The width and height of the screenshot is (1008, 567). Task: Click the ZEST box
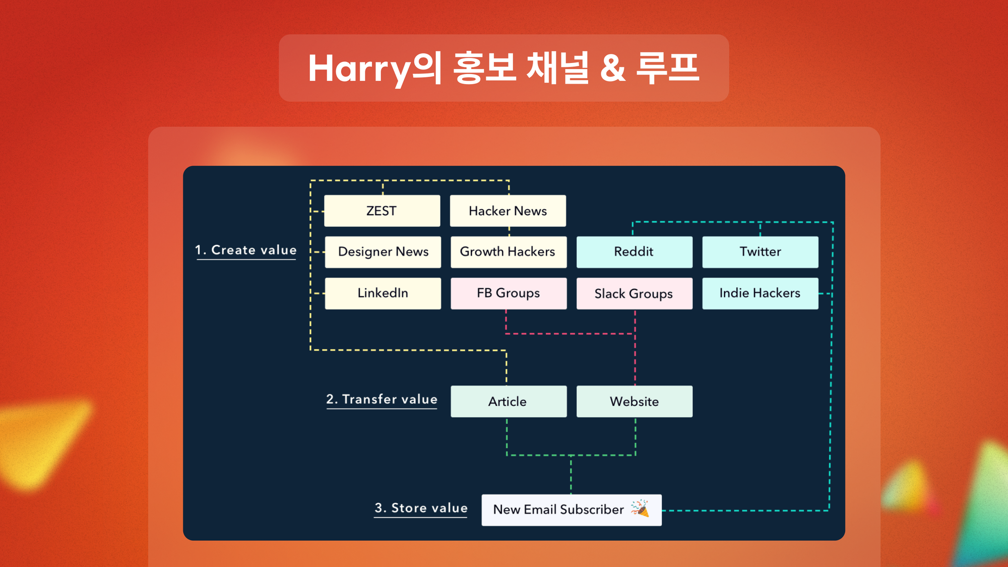click(x=382, y=211)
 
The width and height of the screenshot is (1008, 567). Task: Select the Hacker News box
click(x=508, y=211)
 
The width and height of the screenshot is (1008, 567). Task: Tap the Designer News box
click(x=383, y=252)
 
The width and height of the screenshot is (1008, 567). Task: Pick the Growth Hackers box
click(x=509, y=252)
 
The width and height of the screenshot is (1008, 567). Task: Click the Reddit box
click(x=635, y=252)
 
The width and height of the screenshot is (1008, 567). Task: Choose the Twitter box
click(x=760, y=252)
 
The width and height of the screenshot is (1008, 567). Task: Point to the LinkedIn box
click(x=383, y=293)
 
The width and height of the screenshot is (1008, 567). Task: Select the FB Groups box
click(x=509, y=293)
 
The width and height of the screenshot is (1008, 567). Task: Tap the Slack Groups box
click(x=635, y=293)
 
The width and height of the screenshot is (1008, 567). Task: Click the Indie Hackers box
click(x=760, y=293)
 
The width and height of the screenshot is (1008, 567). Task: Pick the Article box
click(x=509, y=401)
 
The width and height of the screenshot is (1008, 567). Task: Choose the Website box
click(x=635, y=401)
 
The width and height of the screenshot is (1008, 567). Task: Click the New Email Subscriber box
click(x=572, y=510)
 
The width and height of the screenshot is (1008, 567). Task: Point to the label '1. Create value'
click(x=246, y=250)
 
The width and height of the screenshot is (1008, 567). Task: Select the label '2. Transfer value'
click(x=382, y=399)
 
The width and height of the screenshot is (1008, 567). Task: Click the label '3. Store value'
click(x=421, y=508)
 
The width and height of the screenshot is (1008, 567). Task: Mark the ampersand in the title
click(x=613, y=69)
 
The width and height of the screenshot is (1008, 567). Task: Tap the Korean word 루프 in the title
click(x=668, y=68)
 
